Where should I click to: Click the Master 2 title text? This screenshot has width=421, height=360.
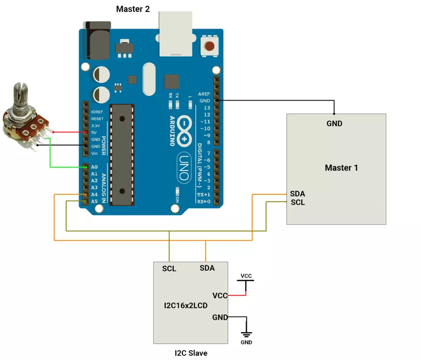tap(133, 9)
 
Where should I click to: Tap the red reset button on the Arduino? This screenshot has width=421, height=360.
tap(210, 46)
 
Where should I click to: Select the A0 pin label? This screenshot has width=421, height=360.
tap(94, 167)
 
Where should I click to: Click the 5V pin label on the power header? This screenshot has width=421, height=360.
tap(94, 132)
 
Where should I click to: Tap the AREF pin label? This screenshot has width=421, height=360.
tap(204, 94)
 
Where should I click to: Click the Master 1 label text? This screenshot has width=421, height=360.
tap(341, 168)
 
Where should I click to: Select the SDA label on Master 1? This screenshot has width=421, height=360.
tap(297, 193)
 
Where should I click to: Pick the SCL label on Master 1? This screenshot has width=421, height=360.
tap(298, 202)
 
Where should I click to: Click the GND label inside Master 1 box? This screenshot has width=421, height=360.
tap(334, 123)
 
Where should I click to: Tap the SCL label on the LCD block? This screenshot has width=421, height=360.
tap(169, 269)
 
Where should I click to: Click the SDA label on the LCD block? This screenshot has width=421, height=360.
tap(207, 268)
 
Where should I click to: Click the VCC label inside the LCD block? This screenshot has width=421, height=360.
tap(220, 295)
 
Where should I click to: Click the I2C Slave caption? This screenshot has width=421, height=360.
tap(191, 353)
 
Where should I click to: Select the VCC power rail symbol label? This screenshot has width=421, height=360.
tap(246, 276)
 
